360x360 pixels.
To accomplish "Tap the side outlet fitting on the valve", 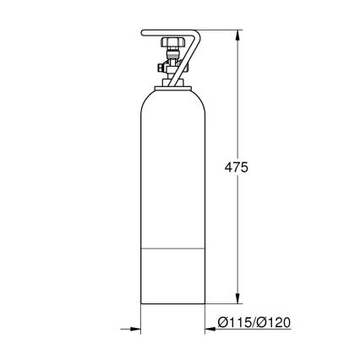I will click(x=161, y=65).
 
